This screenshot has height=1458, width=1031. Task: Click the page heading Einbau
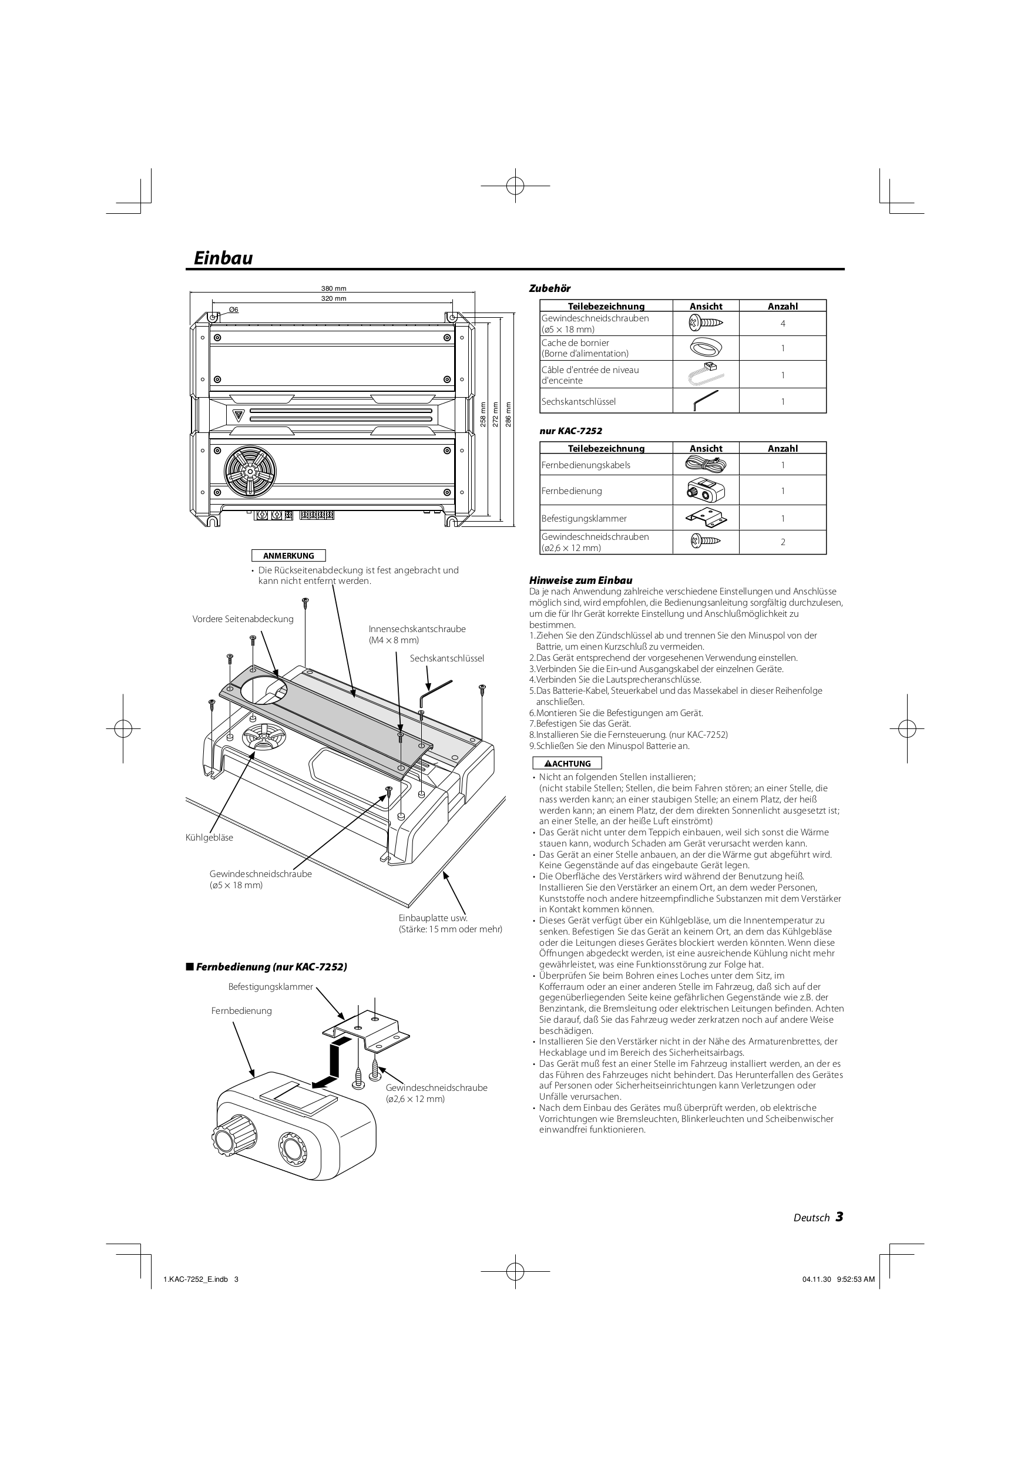(x=223, y=258)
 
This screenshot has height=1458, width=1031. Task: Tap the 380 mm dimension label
(x=334, y=289)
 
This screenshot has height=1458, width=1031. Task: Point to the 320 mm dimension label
(x=334, y=298)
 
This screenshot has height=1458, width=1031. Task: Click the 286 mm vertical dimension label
(x=508, y=415)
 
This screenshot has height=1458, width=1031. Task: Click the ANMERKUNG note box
(x=288, y=556)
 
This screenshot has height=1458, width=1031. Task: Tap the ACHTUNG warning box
(x=567, y=763)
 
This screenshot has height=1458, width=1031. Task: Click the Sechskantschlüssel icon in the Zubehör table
(x=705, y=401)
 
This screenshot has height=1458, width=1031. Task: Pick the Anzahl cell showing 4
(x=783, y=324)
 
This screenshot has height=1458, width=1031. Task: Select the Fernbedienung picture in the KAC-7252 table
(x=705, y=491)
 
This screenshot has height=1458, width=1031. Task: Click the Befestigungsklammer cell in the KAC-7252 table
(x=606, y=518)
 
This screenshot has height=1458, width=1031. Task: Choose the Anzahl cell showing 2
(x=783, y=542)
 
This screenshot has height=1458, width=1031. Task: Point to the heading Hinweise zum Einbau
(x=580, y=580)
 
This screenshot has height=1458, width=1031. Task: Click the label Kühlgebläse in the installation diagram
(x=209, y=838)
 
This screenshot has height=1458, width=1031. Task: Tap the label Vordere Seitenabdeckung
(x=243, y=619)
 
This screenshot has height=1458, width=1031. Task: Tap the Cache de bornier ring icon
(x=705, y=348)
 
